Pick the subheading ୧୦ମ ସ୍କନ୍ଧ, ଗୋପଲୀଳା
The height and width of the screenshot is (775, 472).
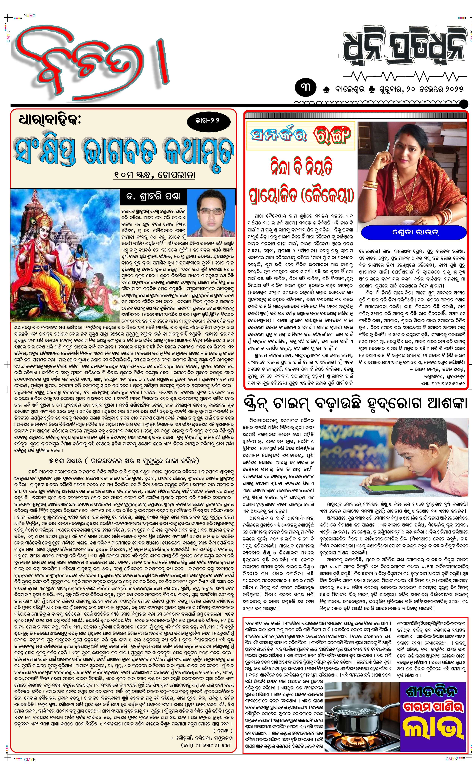click(154, 174)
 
